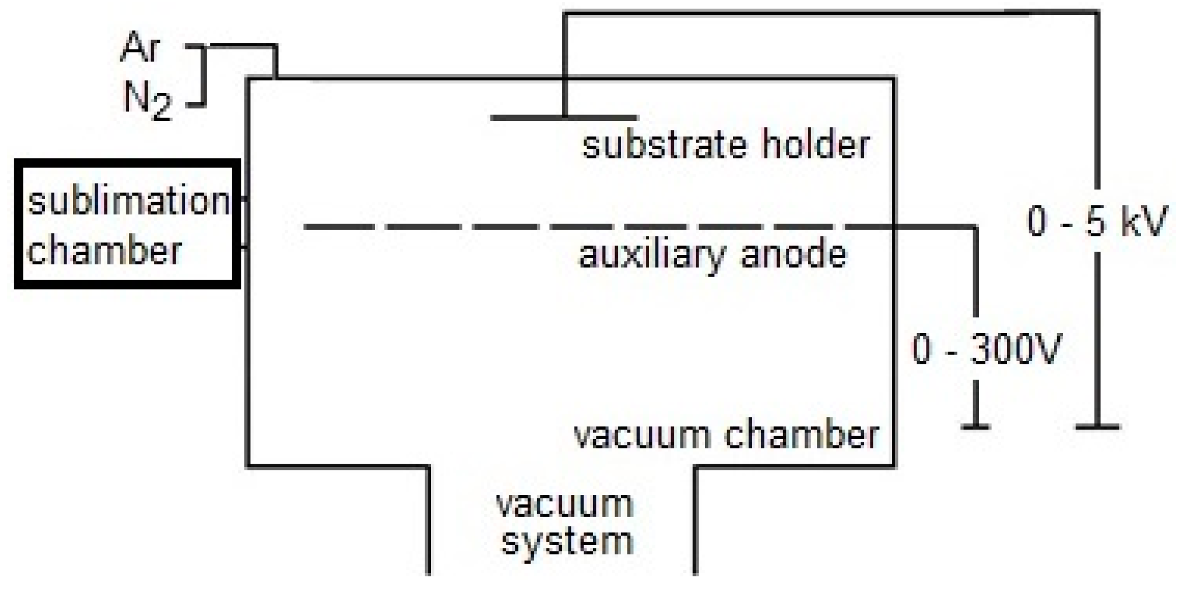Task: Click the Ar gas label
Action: [141, 48]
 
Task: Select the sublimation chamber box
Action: [127, 224]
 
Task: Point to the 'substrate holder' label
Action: [725, 146]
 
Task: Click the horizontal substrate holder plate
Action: [563, 118]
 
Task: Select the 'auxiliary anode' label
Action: [712, 255]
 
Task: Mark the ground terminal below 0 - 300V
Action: [976, 426]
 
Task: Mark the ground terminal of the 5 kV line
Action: [1097, 426]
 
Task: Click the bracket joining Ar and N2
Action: [204, 75]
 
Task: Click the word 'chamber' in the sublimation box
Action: [104, 251]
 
